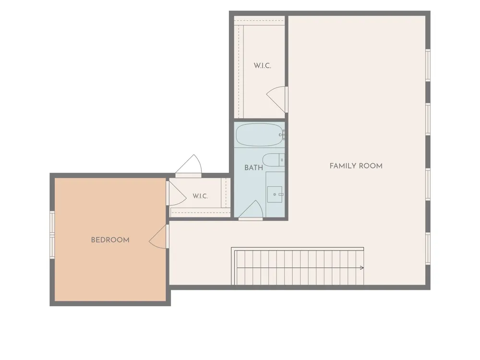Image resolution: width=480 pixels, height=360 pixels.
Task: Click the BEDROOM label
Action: point(110,240)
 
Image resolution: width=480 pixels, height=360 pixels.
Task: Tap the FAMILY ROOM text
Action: point(356,166)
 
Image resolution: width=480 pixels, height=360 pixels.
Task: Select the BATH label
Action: point(253,168)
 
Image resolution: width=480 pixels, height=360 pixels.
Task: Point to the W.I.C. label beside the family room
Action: point(263,66)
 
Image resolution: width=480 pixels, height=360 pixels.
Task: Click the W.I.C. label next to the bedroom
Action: point(200,196)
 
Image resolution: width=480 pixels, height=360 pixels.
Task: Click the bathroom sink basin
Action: point(275,194)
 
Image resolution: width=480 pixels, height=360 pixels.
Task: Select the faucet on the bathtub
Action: point(283,135)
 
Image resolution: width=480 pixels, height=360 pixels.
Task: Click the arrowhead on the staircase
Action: point(362,268)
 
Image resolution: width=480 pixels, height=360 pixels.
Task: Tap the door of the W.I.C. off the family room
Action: point(277,99)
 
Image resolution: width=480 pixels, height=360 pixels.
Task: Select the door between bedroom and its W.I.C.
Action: point(176,193)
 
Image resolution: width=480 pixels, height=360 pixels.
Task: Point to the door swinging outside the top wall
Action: point(188,166)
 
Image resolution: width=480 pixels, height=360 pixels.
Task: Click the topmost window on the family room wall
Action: point(428,65)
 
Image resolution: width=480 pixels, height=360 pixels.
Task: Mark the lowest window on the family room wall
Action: point(428,249)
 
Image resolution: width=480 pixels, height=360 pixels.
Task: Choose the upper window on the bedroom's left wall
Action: point(52,223)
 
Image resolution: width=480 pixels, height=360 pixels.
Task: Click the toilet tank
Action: point(282,160)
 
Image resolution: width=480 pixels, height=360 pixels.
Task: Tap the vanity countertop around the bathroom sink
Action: point(275,194)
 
